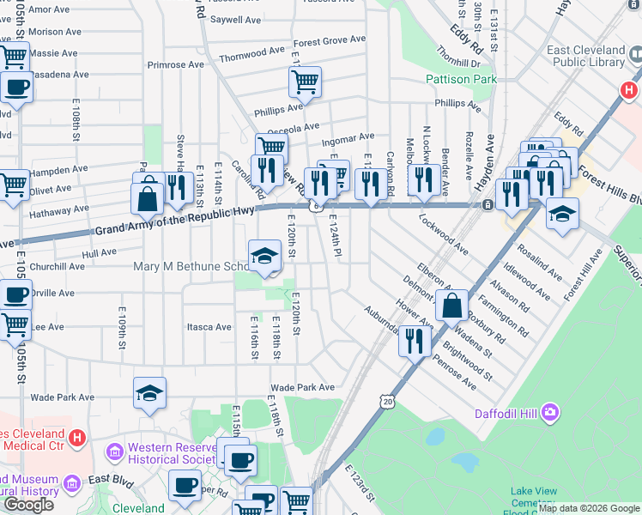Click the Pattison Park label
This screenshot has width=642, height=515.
(461, 79)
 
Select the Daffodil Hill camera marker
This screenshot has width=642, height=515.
(549, 414)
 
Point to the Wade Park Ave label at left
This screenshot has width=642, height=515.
(62, 397)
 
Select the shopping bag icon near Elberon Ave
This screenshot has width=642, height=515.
(451, 306)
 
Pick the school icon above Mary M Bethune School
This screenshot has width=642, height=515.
(265, 255)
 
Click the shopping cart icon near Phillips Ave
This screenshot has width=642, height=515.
(305, 82)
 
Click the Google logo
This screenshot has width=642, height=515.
(29, 505)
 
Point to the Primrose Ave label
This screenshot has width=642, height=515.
(176, 64)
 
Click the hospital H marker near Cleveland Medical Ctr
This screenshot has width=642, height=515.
(77, 439)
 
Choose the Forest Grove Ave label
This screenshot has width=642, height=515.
(330, 40)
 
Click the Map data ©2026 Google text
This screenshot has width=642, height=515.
(589, 508)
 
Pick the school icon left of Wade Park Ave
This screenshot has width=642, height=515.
(149, 393)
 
